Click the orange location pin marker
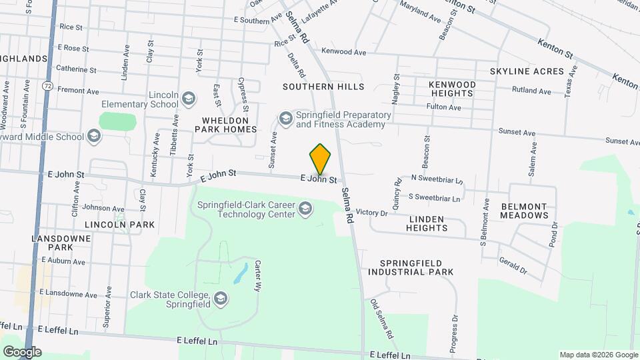321,160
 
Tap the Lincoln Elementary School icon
189,99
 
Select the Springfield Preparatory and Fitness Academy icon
286,119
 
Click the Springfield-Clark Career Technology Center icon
305,209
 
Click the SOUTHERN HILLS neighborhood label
323,87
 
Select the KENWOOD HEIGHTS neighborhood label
452,89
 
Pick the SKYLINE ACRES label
527,71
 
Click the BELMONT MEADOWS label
525,211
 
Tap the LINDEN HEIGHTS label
427,223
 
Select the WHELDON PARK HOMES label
225,124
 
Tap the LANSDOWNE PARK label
51,242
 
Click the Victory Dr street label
372,213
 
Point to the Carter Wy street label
257,275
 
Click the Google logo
22,352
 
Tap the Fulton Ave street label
445,107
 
